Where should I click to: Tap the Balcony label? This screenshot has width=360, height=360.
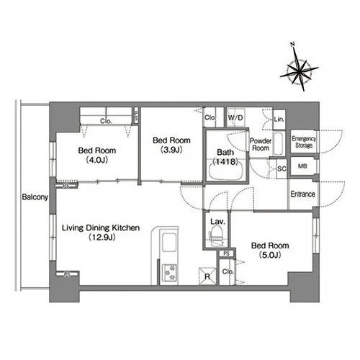35,197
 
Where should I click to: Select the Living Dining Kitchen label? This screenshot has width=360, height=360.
101,228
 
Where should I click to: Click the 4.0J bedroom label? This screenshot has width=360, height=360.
97,155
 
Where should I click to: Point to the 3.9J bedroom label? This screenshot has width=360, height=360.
171,145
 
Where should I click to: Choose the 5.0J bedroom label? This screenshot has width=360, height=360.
270,250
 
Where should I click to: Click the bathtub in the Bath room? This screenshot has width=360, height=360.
226,171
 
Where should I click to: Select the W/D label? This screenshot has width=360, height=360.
235,117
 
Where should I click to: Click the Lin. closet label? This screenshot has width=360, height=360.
279,119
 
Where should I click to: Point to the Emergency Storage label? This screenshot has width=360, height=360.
304,142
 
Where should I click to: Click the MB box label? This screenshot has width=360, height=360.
302,166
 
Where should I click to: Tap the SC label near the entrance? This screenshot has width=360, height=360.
282,168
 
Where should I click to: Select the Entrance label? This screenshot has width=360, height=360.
303,194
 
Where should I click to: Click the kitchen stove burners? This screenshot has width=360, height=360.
170,273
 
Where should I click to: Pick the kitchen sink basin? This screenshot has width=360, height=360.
170,242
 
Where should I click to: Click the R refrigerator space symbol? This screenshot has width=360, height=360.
207,276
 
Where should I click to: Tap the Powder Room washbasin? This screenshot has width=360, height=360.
279,144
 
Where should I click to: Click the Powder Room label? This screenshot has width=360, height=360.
261,144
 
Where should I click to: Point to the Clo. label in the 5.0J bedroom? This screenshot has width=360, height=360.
228,271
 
